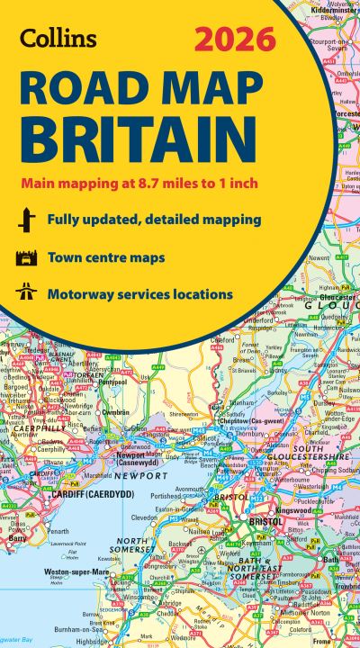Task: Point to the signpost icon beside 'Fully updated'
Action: coord(24,220)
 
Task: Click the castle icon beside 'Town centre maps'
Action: coord(24,257)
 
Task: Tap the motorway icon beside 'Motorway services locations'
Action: coord(24,293)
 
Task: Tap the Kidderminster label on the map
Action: coord(330,5)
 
